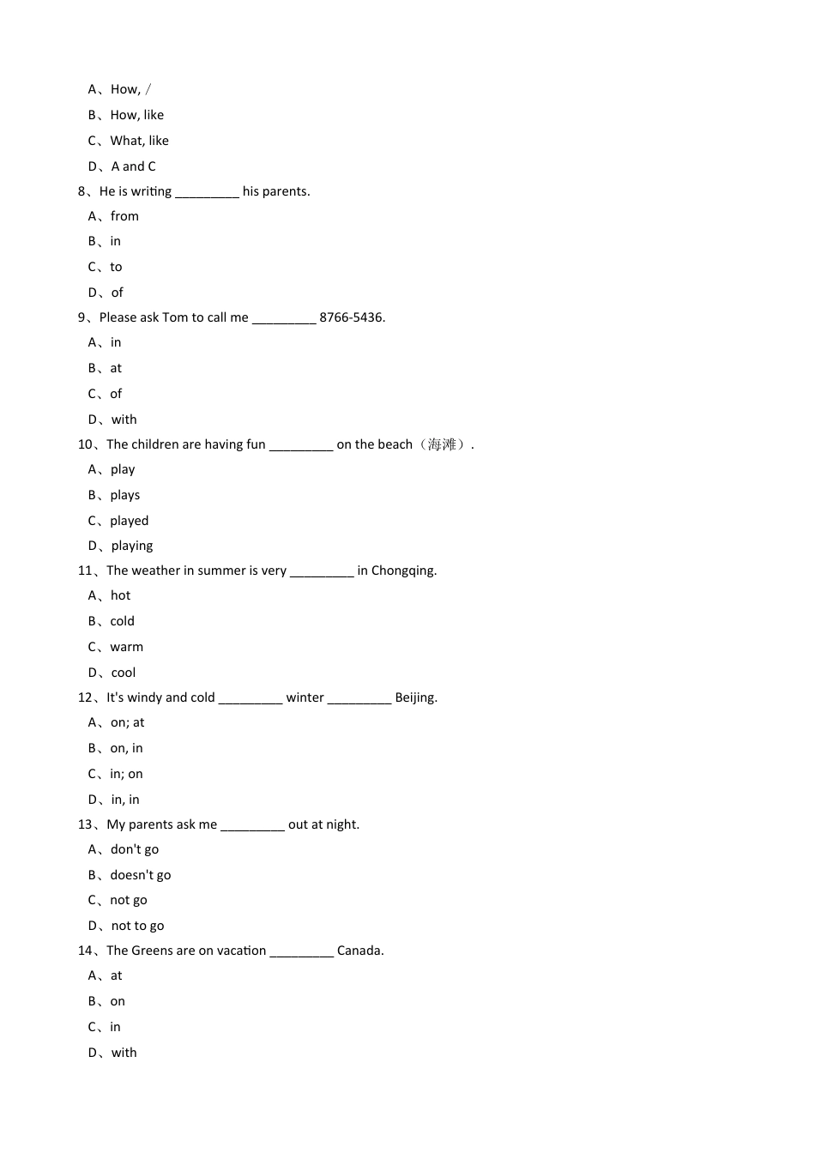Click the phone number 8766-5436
[x=352, y=317]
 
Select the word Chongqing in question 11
[x=404, y=570]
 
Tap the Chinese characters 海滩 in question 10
[x=443, y=444]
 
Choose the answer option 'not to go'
[x=137, y=926]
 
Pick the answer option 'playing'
[x=132, y=546]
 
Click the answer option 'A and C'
[x=133, y=166]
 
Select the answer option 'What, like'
[x=139, y=141]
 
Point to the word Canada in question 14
[x=359, y=951]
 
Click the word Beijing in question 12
[x=415, y=697]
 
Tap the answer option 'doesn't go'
[x=140, y=875]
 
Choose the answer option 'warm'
[x=126, y=647]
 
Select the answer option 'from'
[x=124, y=216]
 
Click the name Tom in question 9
[x=175, y=317]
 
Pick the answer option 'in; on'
[x=126, y=774]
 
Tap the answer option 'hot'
[x=120, y=595]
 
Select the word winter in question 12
[x=305, y=697]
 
